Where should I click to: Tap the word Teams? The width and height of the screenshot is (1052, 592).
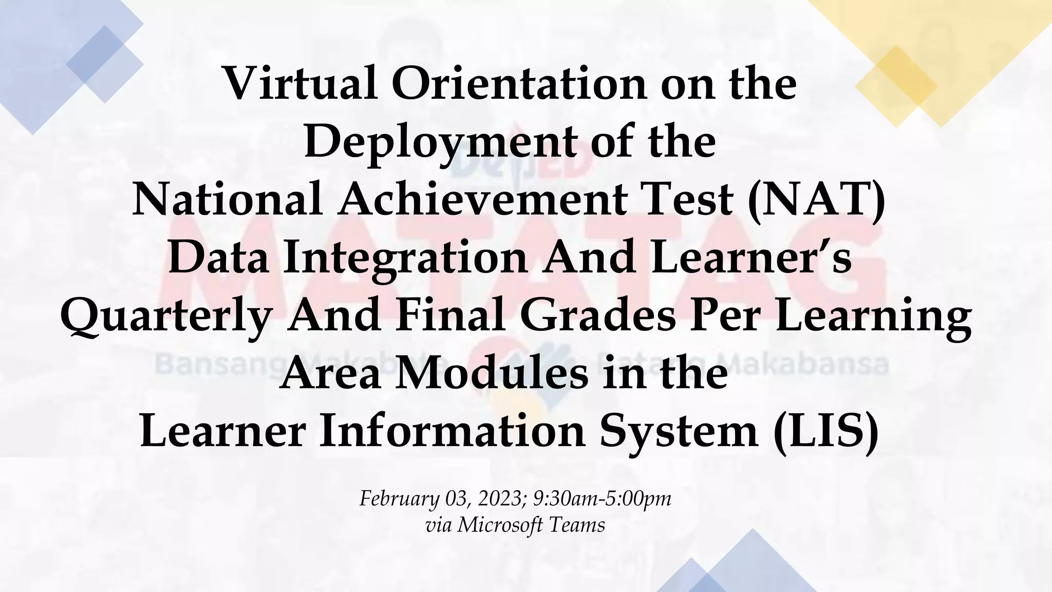[577, 525]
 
